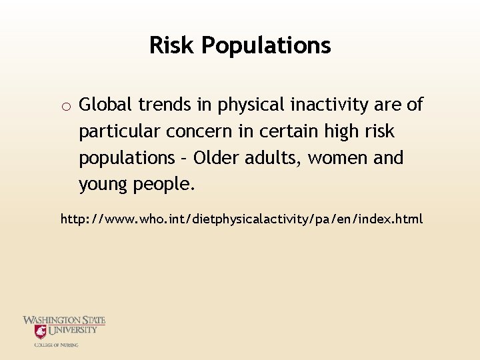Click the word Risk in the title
[172, 45]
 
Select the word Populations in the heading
[266, 46]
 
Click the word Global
[105, 105]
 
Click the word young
[105, 185]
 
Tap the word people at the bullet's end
[165, 185]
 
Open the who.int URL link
[241, 219]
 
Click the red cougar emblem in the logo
[41, 332]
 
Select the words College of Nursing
[56, 345]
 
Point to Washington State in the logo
[64, 321]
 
